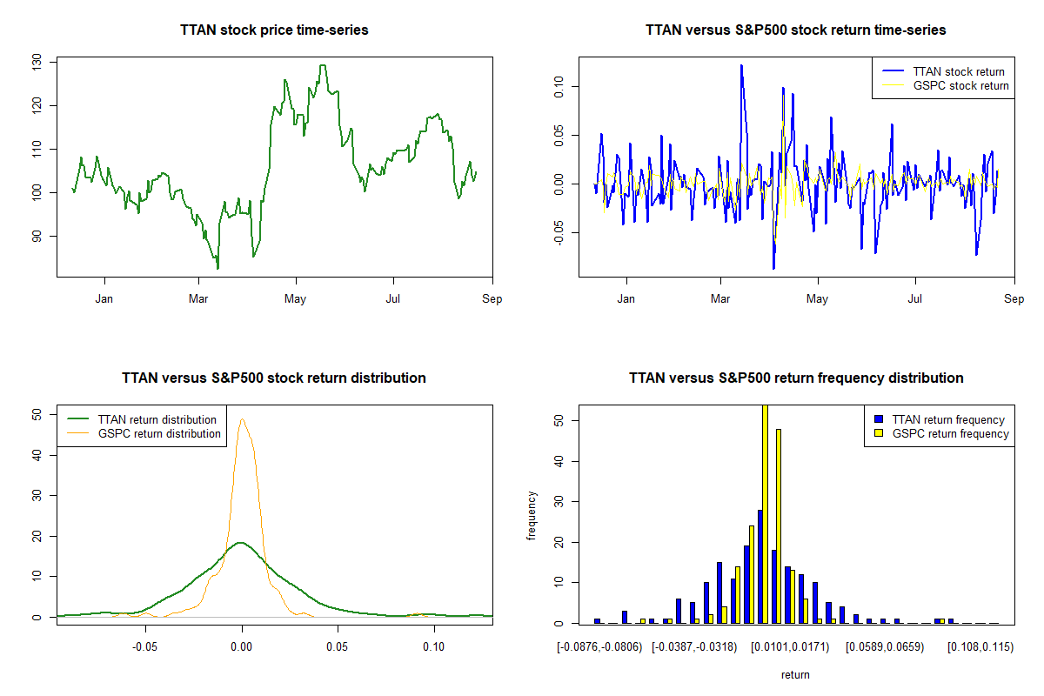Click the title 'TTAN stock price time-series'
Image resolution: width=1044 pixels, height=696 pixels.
click(274, 30)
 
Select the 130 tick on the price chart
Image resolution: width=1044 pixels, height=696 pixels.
click(36, 62)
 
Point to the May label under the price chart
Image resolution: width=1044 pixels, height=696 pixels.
click(296, 299)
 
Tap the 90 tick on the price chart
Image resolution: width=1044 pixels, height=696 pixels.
click(36, 236)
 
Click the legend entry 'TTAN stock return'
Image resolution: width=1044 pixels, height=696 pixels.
click(958, 72)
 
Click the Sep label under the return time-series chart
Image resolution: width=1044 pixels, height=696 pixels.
click(1014, 299)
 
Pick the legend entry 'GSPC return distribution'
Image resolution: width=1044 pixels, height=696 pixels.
click(159, 434)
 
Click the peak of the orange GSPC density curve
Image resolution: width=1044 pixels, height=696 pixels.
click(243, 419)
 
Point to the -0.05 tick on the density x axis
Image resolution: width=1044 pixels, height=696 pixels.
click(145, 647)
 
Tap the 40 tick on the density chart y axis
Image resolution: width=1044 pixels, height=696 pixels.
click(36, 455)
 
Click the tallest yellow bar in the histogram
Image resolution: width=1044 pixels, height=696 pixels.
click(765, 513)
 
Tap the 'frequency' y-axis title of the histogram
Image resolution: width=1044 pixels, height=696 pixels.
click(532, 516)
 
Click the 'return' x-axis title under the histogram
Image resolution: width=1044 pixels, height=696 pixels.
click(795, 674)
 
